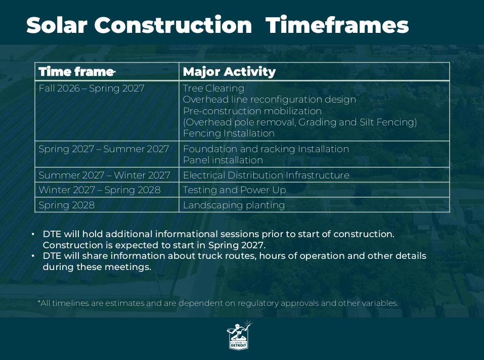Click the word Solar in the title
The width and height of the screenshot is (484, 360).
tap(57, 25)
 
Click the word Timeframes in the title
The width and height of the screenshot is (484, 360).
tap(337, 25)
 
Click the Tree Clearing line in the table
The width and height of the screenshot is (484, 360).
tap(213, 88)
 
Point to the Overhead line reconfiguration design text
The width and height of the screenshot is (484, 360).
tap(270, 100)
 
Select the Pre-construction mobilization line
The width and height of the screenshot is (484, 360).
tap(252, 111)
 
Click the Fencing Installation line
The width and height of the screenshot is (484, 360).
tap(229, 133)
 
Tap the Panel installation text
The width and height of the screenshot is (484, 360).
tap(223, 160)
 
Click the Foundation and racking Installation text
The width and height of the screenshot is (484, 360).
tap(266, 149)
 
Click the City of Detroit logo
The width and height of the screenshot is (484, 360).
tap(240, 335)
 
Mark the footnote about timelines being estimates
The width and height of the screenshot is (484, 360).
tap(218, 303)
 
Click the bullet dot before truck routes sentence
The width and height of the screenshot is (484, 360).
tap(33, 256)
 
